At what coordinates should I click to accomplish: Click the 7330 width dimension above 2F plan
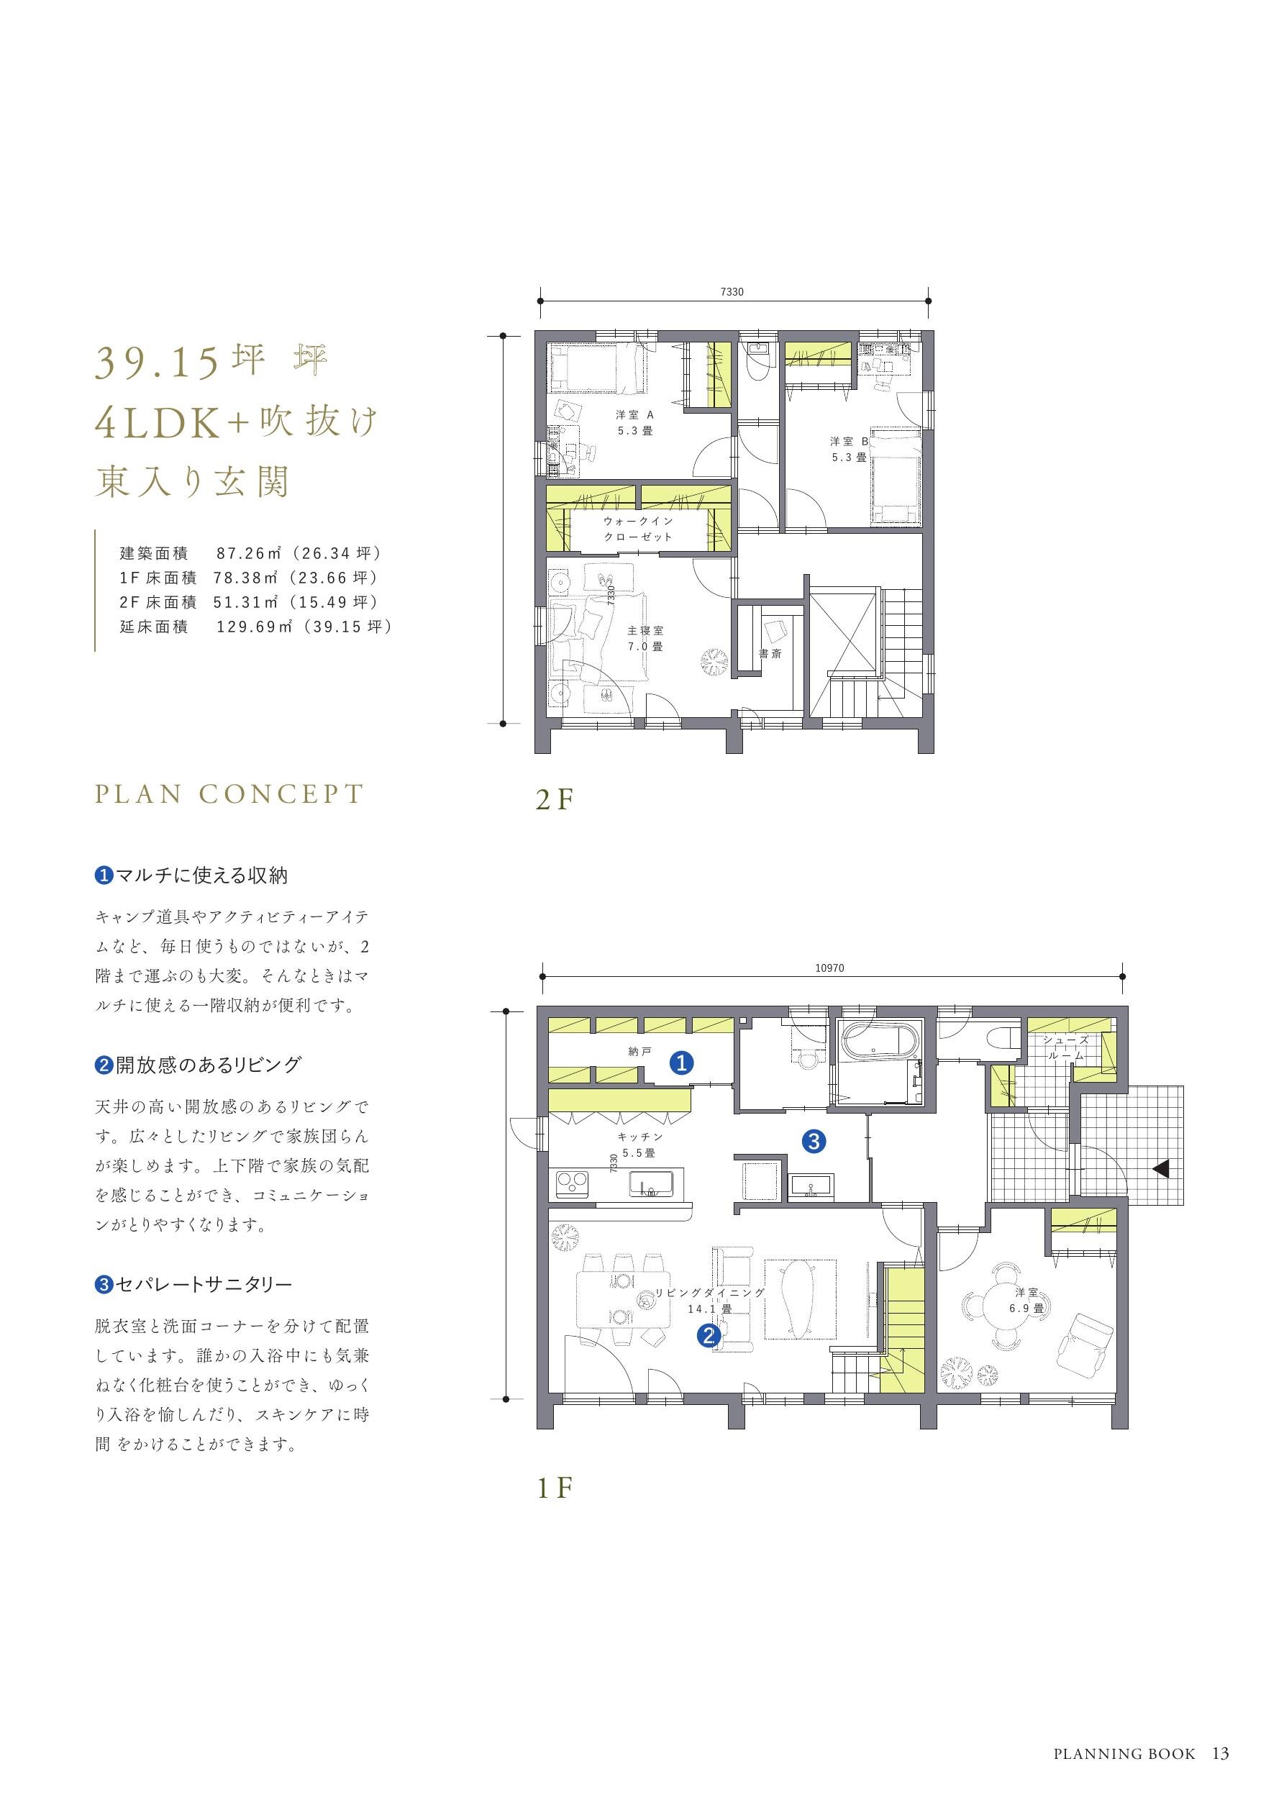(x=732, y=291)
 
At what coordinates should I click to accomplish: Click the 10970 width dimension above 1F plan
(x=831, y=968)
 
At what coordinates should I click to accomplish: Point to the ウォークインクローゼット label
(x=637, y=529)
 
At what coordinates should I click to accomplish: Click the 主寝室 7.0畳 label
(x=645, y=639)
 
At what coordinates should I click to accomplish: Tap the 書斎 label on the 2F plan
(x=770, y=654)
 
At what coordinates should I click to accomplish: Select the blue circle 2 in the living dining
(x=709, y=1335)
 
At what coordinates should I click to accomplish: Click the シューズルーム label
(x=1066, y=1047)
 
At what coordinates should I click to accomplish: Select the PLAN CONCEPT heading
(x=229, y=793)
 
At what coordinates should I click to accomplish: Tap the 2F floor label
(x=553, y=800)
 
